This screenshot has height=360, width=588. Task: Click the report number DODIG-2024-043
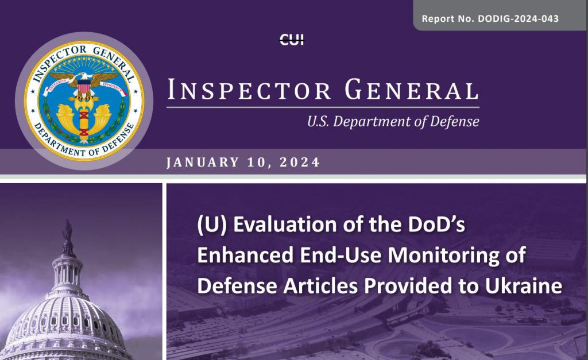click(x=518, y=18)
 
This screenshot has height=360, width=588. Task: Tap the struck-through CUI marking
click(x=292, y=40)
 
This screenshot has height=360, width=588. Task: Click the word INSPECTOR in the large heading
click(x=249, y=90)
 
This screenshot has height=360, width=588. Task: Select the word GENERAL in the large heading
click(x=412, y=90)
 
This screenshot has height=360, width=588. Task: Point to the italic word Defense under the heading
click(x=455, y=122)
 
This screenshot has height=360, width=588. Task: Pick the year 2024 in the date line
click(x=300, y=162)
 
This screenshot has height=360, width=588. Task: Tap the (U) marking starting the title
click(x=212, y=224)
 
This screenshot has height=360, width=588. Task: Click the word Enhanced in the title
click(x=245, y=256)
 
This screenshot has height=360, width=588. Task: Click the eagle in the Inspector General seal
click(x=84, y=79)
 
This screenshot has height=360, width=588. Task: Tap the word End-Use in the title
click(x=341, y=256)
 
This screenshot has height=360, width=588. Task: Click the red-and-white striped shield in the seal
click(x=84, y=87)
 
